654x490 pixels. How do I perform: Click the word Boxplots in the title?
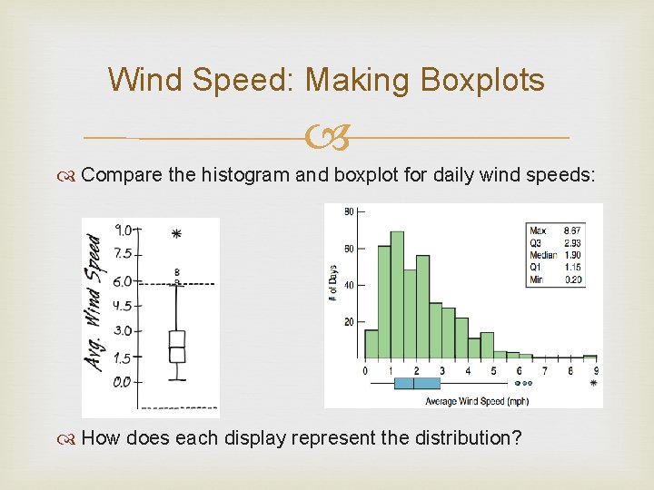point(482,80)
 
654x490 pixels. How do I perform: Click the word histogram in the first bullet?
point(245,175)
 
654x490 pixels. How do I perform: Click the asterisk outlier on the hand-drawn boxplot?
point(176,234)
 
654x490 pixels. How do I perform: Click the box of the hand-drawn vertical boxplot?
point(176,347)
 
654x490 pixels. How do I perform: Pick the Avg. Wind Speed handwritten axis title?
point(94,301)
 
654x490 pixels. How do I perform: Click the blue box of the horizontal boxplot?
point(417,383)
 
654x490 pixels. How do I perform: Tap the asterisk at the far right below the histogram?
point(594,384)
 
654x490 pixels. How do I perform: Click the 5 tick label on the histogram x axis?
point(493,370)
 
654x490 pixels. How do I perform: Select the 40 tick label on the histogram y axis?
point(349,285)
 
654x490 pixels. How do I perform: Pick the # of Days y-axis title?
point(333,280)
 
